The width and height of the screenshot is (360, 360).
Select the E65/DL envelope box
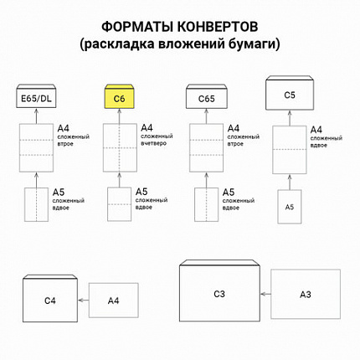[35, 100]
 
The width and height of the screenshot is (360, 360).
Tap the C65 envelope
[206, 100]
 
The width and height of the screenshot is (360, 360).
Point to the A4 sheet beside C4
[112, 299]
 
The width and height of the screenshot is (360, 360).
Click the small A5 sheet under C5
[290, 206]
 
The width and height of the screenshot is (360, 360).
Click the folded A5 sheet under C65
[206, 206]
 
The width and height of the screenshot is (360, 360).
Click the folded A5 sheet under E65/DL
[35, 206]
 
